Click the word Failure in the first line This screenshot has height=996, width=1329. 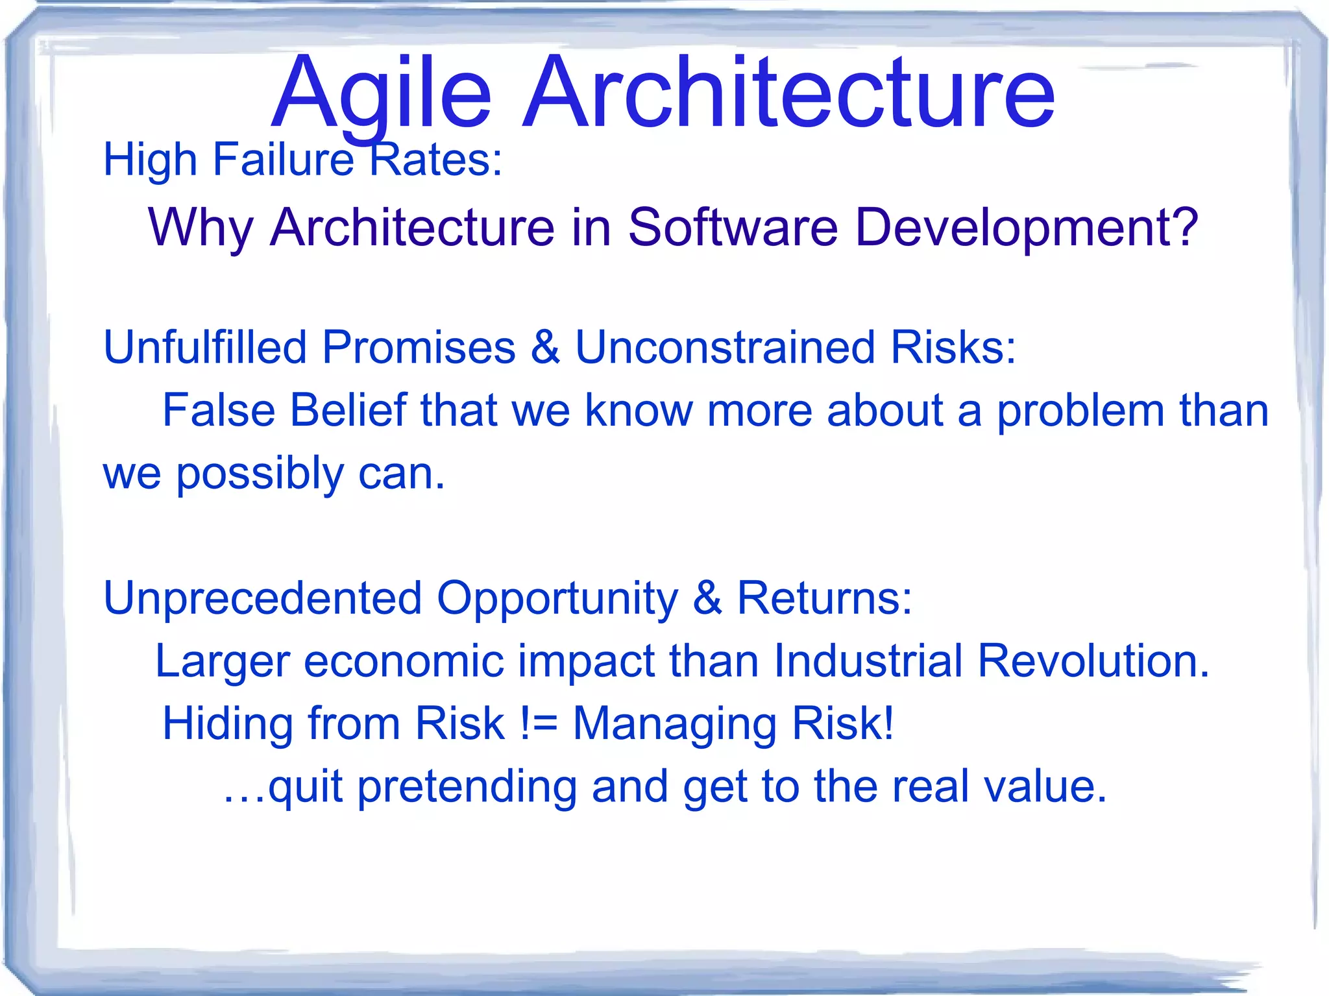pyautogui.click(x=283, y=160)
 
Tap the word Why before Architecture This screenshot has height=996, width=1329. pyautogui.click(x=201, y=228)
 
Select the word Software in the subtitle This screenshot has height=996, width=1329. pyautogui.click(x=733, y=228)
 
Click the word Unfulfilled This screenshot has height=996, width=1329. pyautogui.click(x=204, y=347)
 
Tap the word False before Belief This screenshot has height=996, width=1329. pyautogui.click(x=219, y=410)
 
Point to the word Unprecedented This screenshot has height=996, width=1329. pyautogui.click(x=262, y=598)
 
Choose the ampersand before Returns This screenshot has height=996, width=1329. pyautogui.click(x=707, y=598)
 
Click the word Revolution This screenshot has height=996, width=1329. pyautogui.click(x=1093, y=661)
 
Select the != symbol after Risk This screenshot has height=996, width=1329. pyautogui.click(x=539, y=724)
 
